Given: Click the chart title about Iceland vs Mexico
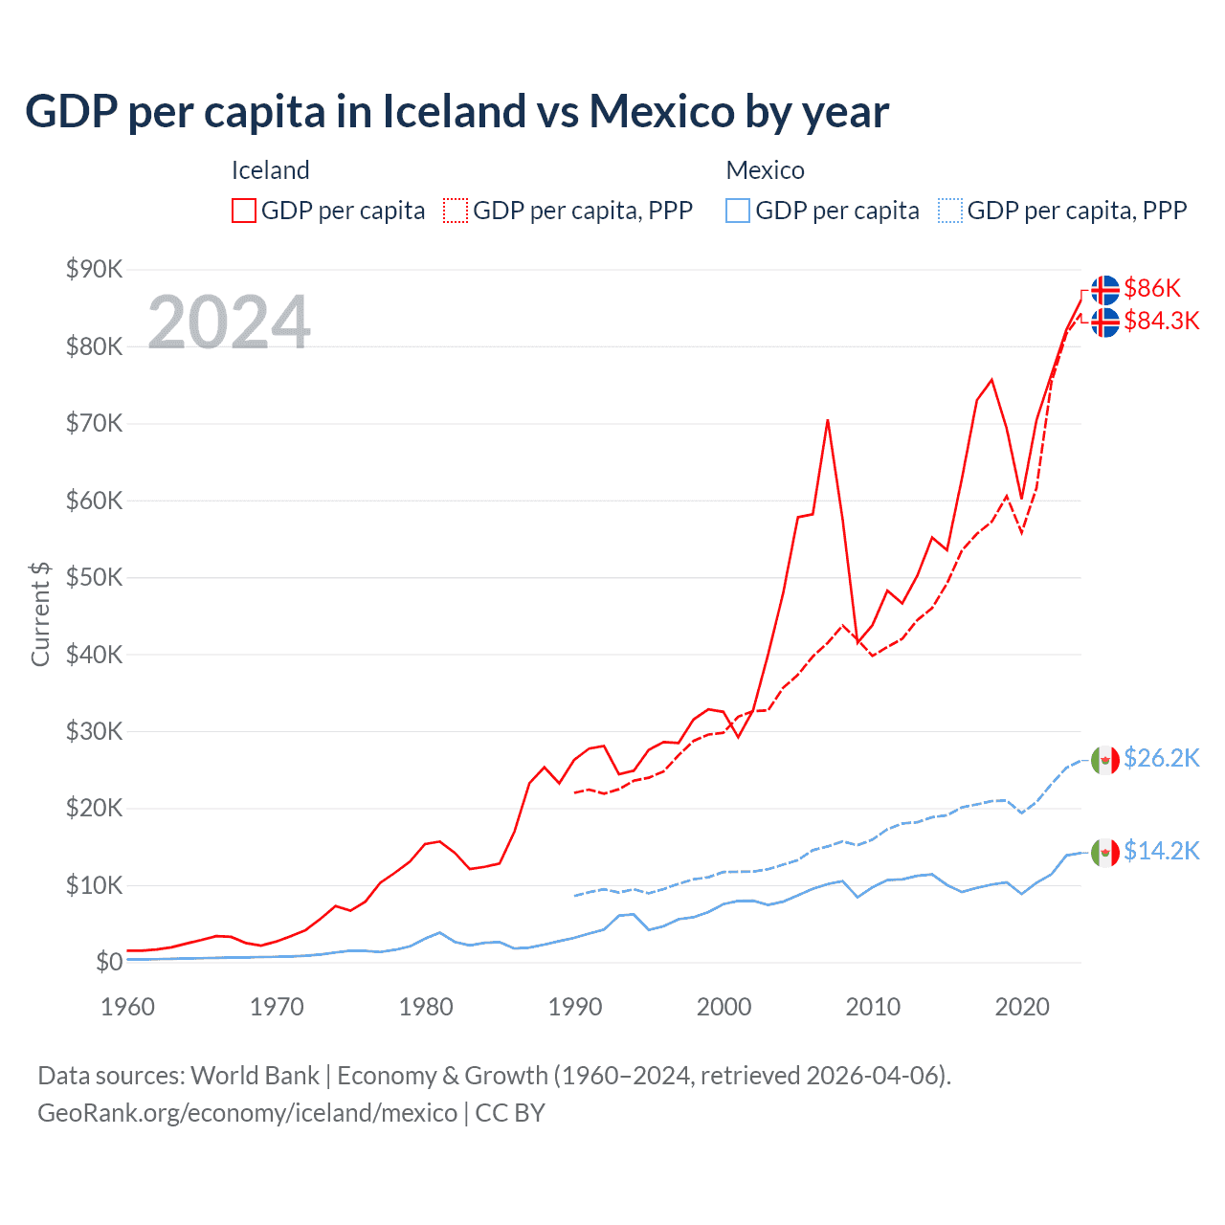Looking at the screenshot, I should coord(457,112).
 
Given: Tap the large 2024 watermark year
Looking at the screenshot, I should coord(229,322).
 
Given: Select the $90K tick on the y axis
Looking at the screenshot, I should coord(94,269).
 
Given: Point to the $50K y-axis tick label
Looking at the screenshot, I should coord(94,577).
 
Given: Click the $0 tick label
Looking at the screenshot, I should coord(109,962).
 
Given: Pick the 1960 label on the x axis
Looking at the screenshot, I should coord(127,1007).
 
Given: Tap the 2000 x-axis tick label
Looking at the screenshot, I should coord(724,1007).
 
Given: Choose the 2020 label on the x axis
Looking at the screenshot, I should coord(1022,1007).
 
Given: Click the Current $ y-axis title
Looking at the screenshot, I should coord(40,613).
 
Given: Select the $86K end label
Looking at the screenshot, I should coord(1152,288).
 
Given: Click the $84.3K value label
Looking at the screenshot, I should coord(1161,321).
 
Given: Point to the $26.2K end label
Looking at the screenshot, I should coord(1161,758).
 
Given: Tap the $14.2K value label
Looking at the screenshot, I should coord(1161,851).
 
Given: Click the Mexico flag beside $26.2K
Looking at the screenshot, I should coord(1105,760).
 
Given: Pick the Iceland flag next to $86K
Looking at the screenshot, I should coord(1105,289).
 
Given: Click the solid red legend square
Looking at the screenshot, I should coord(244,211).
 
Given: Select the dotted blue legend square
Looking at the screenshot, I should coord(950,211).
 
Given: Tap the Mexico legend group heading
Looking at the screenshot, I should coord(765,170).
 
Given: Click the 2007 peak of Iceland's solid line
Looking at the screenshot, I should coord(828,420).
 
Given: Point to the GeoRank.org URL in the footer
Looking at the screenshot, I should coord(247,1113).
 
